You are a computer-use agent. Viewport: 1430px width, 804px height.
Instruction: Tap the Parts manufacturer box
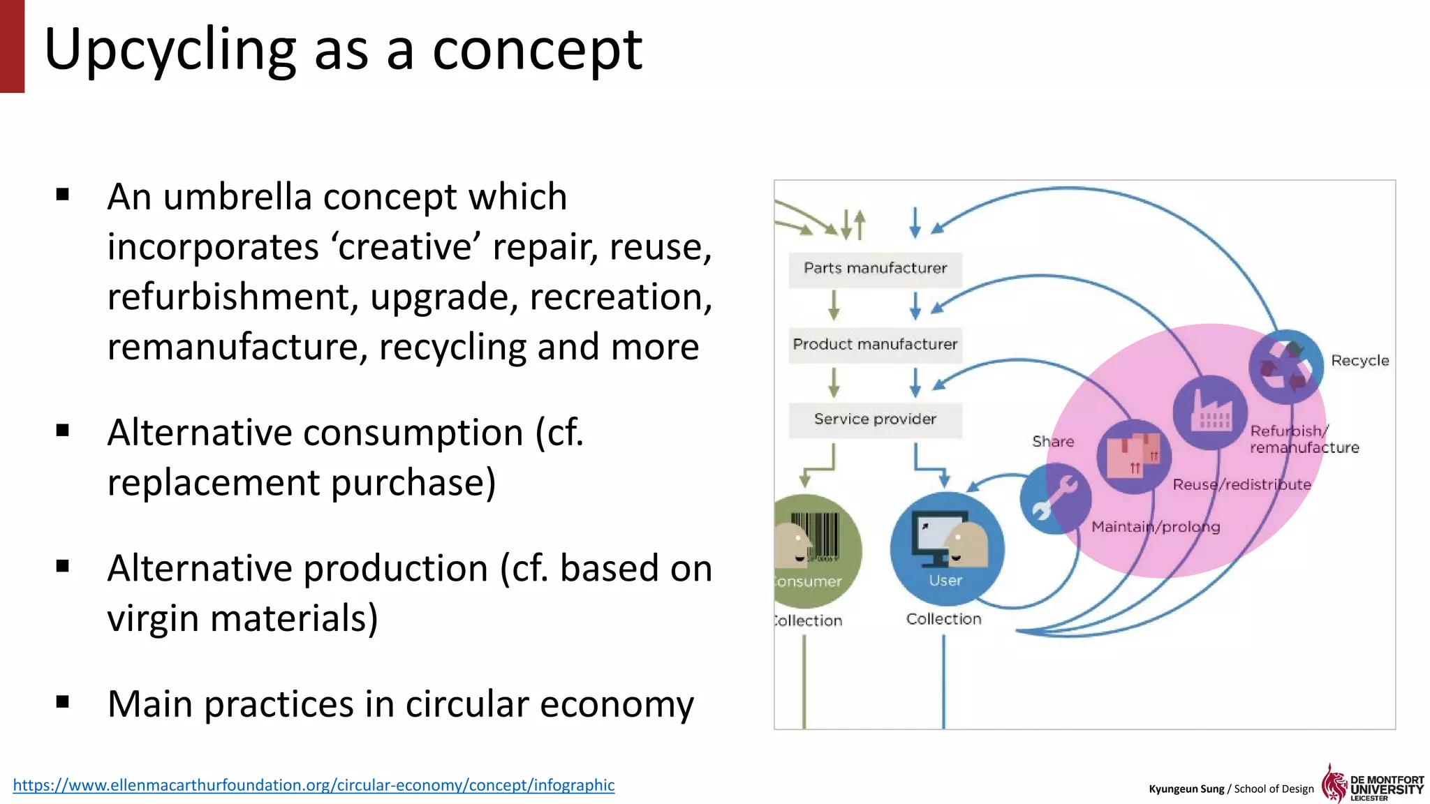click(x=875, y=269)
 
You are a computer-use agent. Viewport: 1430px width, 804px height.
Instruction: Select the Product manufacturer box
click(x=875, y=345)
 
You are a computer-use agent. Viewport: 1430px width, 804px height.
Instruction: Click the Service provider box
click(x=875, y=419)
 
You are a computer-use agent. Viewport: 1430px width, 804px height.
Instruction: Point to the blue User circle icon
click(x=947, y=549)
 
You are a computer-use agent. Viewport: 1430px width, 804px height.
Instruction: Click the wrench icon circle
click(x=1055, y=498)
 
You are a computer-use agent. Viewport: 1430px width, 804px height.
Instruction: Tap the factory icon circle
click(x=1210, y=412)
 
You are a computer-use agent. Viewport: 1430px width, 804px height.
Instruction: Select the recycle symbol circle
click(x=1285, y=366)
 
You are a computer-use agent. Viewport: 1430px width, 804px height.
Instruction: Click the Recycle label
click(x=1359, y=361)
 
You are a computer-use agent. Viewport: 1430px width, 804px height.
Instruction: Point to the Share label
click(x=1053, y=442)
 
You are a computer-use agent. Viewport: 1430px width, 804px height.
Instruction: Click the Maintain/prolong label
click(x=1156, y=527)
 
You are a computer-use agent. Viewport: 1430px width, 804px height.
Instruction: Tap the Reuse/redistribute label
click(x=1241, y=485)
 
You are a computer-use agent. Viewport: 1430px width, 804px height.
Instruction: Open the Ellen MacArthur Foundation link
click(x=314, y=785)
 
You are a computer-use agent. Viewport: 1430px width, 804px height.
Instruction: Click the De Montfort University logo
click(x=1372, y=784)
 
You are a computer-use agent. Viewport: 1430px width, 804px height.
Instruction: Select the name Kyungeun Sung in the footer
click(x=1186, y=789)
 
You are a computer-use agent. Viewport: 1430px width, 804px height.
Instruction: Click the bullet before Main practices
click(x=63, y=701)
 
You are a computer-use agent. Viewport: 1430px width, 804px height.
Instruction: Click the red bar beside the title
click(x=12, y=46)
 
